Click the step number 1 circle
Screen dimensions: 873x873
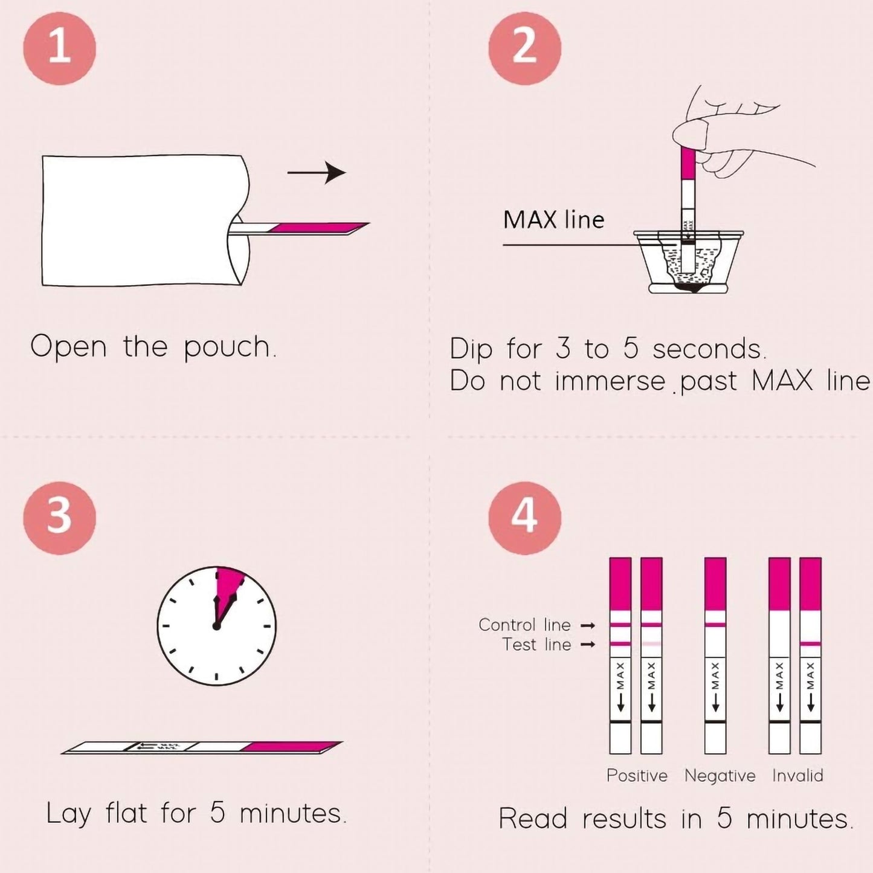pyautogui.click(x=59, y=48)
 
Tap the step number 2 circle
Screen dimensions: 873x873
pyautogui.click(x=524, y=48)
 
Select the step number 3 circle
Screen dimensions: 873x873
pyautogui.click(x=59, y=518)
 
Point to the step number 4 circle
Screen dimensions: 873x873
pyautogui.click(x=524, y=518)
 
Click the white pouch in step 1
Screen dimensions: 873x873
pyautogui.click(x=139, y=221)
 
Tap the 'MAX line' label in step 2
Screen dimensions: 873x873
pyautogui.click(x=553, y=220)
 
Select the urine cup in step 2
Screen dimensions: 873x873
pyautogui.click(x=689, y=263)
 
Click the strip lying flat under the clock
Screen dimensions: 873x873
pyautogui.click(x=202, y=748)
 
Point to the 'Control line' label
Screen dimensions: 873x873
pyautogui.click(x=524, y=625)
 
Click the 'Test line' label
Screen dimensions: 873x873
pyautogui.click(x=536, y=645)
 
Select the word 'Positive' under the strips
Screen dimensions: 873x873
pyautogui.click(x=637, y=776)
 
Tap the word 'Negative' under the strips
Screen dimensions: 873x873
pyautogui.click(x=720, y=776)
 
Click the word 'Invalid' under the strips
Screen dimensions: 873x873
pyautogui.click(x=797, y=776)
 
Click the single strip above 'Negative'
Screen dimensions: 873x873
pyautogui.click(x=715, y=656)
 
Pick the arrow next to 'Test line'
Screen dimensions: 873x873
pyautogui.click(x=588, y=645)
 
